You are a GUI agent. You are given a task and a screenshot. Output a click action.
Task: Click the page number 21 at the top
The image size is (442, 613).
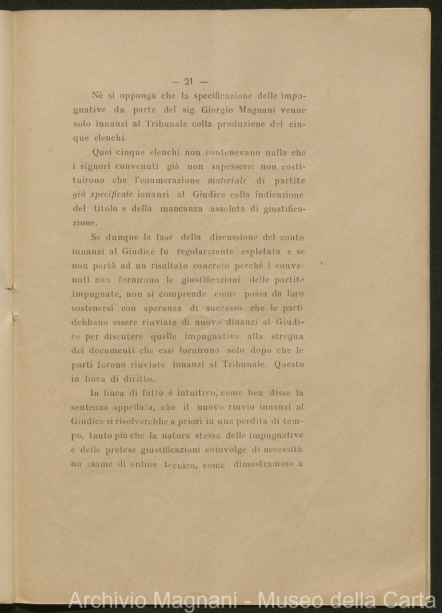(188, 81)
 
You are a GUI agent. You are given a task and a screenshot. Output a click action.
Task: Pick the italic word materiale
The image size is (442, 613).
(227, 181)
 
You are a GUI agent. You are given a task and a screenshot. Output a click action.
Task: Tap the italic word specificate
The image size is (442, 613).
(110, 195)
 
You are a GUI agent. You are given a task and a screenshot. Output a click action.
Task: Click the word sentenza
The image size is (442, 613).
(89, 407)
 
